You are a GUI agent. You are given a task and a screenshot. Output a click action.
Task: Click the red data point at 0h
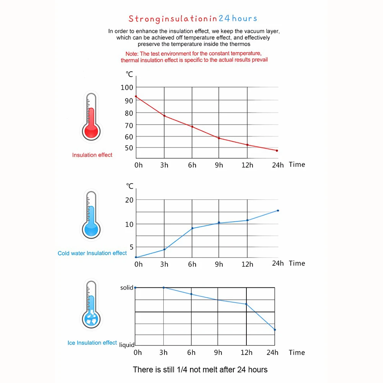136,96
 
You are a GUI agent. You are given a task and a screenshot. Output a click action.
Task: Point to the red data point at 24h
277,151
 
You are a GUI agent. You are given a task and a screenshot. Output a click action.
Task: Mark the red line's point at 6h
192,127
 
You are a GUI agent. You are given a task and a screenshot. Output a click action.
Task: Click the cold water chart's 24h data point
278,210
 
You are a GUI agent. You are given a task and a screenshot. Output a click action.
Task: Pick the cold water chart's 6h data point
192,228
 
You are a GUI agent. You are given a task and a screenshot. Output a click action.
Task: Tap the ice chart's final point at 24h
275,329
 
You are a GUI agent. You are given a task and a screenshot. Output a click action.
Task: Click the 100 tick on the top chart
127,88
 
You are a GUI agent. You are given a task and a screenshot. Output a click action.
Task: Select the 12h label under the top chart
247,165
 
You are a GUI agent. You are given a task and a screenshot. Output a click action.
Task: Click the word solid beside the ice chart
127,288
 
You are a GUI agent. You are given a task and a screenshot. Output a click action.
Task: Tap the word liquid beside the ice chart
127,345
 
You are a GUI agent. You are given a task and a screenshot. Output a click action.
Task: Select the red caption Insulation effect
92,155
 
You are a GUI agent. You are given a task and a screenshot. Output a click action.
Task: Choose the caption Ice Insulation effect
92,343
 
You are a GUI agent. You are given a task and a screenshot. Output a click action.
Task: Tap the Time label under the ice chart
297,352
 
